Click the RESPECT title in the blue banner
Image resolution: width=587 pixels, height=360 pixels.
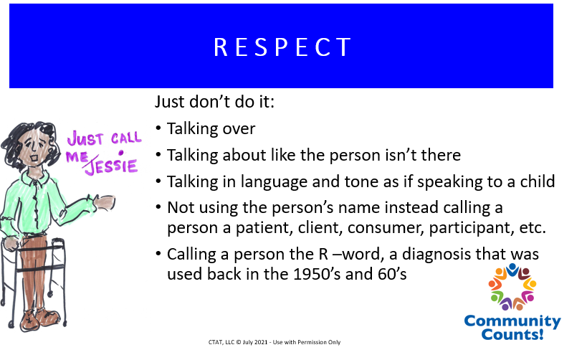(282, 47)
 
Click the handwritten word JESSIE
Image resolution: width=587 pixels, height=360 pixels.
(111, 166)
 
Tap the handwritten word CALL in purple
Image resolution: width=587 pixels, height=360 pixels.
(126, 138)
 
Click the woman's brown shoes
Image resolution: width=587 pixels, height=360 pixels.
(39, 319)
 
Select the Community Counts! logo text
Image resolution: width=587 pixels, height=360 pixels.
(512, 327)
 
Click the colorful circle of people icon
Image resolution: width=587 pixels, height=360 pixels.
(512, 287)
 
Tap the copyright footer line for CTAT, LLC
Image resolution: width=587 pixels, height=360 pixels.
(275, 342)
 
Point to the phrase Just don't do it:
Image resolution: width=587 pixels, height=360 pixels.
(214, 102)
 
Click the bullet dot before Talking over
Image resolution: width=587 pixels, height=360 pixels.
(158, 128)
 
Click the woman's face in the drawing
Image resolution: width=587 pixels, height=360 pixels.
(34, 147)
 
